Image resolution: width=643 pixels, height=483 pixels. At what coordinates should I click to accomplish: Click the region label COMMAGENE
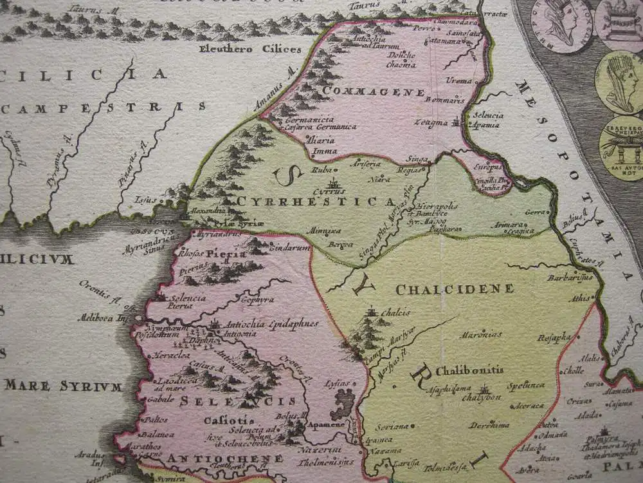(x=366, y=91)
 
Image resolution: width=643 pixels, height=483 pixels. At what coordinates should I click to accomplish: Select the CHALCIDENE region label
(x=455, y=289)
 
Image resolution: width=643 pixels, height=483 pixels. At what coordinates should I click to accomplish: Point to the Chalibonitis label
(x=469, y=371)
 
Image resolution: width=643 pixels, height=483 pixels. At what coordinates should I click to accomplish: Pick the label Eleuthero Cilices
(x=258, y=49)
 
